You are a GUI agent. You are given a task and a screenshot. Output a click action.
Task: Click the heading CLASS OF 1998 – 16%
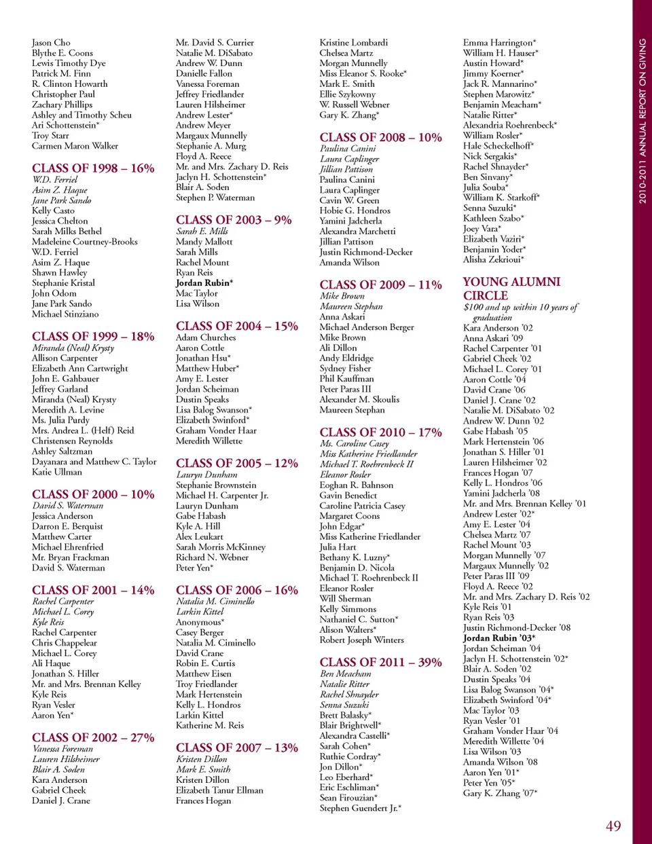pyautogui.click(x=93, y=168)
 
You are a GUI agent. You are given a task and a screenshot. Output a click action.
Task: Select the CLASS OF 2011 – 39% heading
pyautogui.click(x=380, y=662)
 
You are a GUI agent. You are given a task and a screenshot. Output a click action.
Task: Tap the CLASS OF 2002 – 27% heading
pyautogui.click(x=93, y=737)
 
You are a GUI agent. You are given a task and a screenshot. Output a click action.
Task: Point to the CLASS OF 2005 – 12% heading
pyautogui.click(x=237, y=463)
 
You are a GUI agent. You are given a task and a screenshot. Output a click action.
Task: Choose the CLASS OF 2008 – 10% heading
pyautogui.click(x=380, y=137)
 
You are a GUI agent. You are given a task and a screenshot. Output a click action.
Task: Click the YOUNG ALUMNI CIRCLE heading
pyautogui.click(x=511, y=289)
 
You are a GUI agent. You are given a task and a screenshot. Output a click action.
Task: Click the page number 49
pyautogui.click(x=613, y=826)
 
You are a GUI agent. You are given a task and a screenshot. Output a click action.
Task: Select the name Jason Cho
pyautogui.click(x=51, y=43)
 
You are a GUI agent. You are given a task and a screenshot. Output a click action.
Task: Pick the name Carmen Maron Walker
pyautogui.click(x=75, y=146)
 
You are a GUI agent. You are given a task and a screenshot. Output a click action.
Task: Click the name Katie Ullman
pyautogui.click(x=57, y=472)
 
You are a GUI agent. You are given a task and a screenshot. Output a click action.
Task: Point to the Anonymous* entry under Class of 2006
pyautogui.click(x=200, y=622)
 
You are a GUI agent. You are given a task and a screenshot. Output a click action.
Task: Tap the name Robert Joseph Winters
pyautogui.click(x=361, y=640)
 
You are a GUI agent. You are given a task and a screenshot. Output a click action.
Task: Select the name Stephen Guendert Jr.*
pyautogui.click(x=360, y=808)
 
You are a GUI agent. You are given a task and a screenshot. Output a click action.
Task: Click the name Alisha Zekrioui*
pyautogui.click(x=494, y=259)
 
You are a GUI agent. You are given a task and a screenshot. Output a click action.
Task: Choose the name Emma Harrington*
pyautogui.click(x=499, y=43)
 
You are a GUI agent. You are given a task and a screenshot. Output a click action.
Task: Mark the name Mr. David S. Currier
pyautogui.click(x=215, y=43)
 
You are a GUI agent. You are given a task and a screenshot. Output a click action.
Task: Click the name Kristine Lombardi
pyautogui.click(x=354, y=43)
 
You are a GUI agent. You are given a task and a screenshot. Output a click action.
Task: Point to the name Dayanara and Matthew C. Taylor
pyautogui.click(x=94, y=462)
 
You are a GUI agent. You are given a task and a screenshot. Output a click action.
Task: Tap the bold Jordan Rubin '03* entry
pyautogui.click(x=499, y=638)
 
